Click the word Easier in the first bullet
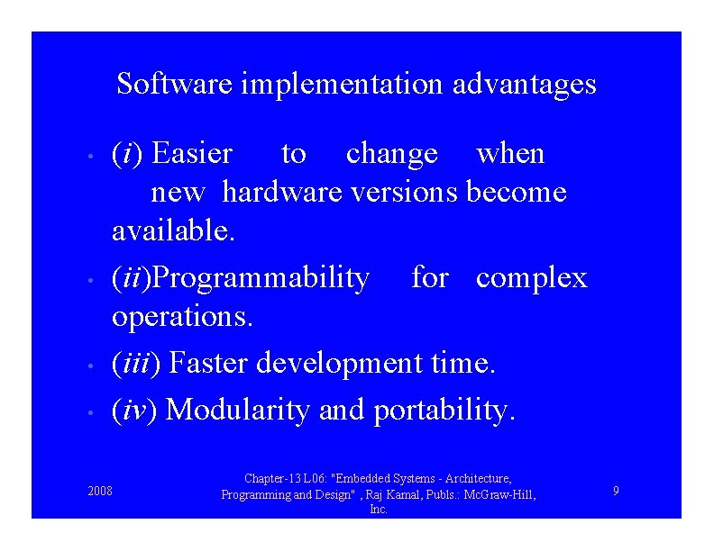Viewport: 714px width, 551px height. [x=192, y=154]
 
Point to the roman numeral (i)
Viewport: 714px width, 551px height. [x=128, y=154]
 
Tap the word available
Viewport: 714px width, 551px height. [x=173, y=230]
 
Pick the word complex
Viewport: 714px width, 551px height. [x=531, y=278]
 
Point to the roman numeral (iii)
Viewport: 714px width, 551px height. [x=136, y=363]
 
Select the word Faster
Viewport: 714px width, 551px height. [x=209, y=363]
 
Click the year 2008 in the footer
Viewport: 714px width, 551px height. [x=100, y=491]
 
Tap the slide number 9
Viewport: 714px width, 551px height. [x=615, y=491]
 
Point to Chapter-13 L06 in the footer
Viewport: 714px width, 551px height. [x=282, y=479]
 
